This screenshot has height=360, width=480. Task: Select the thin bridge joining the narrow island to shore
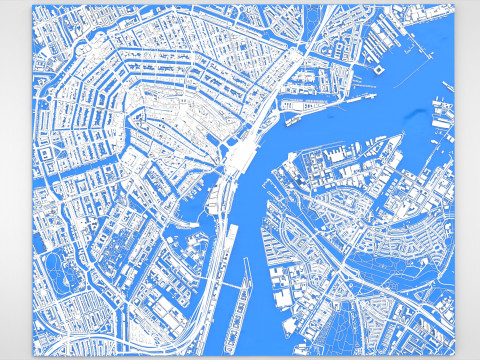232,287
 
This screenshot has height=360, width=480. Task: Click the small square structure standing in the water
380,71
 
